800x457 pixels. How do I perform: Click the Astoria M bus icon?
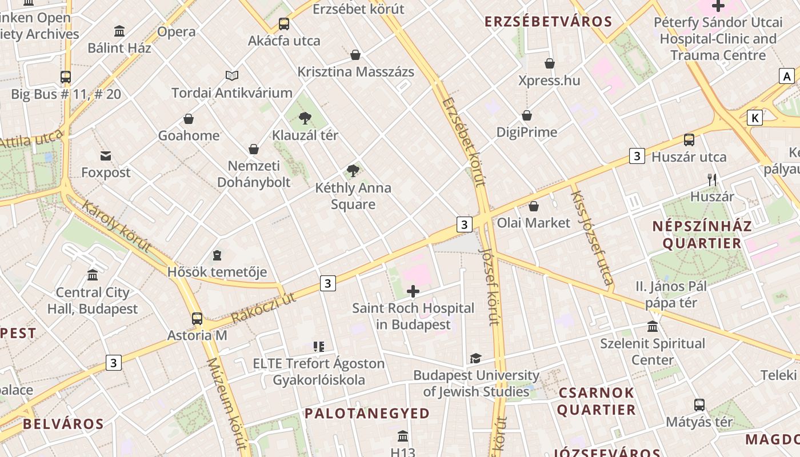click(197, 319)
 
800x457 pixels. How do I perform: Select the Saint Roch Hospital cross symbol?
click(413, 292)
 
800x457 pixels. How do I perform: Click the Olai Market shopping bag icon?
click(534, 206)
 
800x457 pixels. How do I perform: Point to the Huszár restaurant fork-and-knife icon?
click(712, 180)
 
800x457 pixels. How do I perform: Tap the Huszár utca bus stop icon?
click(689, 140)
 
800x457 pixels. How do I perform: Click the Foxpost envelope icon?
click(106, 156)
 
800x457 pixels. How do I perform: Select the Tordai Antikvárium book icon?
click(232, 75)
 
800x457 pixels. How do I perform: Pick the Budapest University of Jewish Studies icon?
click(475, 359)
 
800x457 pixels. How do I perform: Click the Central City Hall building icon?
click(93, 275)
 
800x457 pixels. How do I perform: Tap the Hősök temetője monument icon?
click(217, 255)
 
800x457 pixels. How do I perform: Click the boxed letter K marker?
click(755, 118)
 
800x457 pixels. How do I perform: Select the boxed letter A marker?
click(787, 76)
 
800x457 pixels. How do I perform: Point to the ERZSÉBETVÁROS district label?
click(548, 22)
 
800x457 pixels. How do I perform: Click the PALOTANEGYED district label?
click(367, 414)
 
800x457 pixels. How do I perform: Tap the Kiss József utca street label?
click(591, 237)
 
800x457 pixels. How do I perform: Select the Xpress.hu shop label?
click(549, 80)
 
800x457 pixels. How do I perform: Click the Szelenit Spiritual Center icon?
click(653, 327)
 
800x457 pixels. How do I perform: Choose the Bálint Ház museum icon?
click(119, 31)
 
